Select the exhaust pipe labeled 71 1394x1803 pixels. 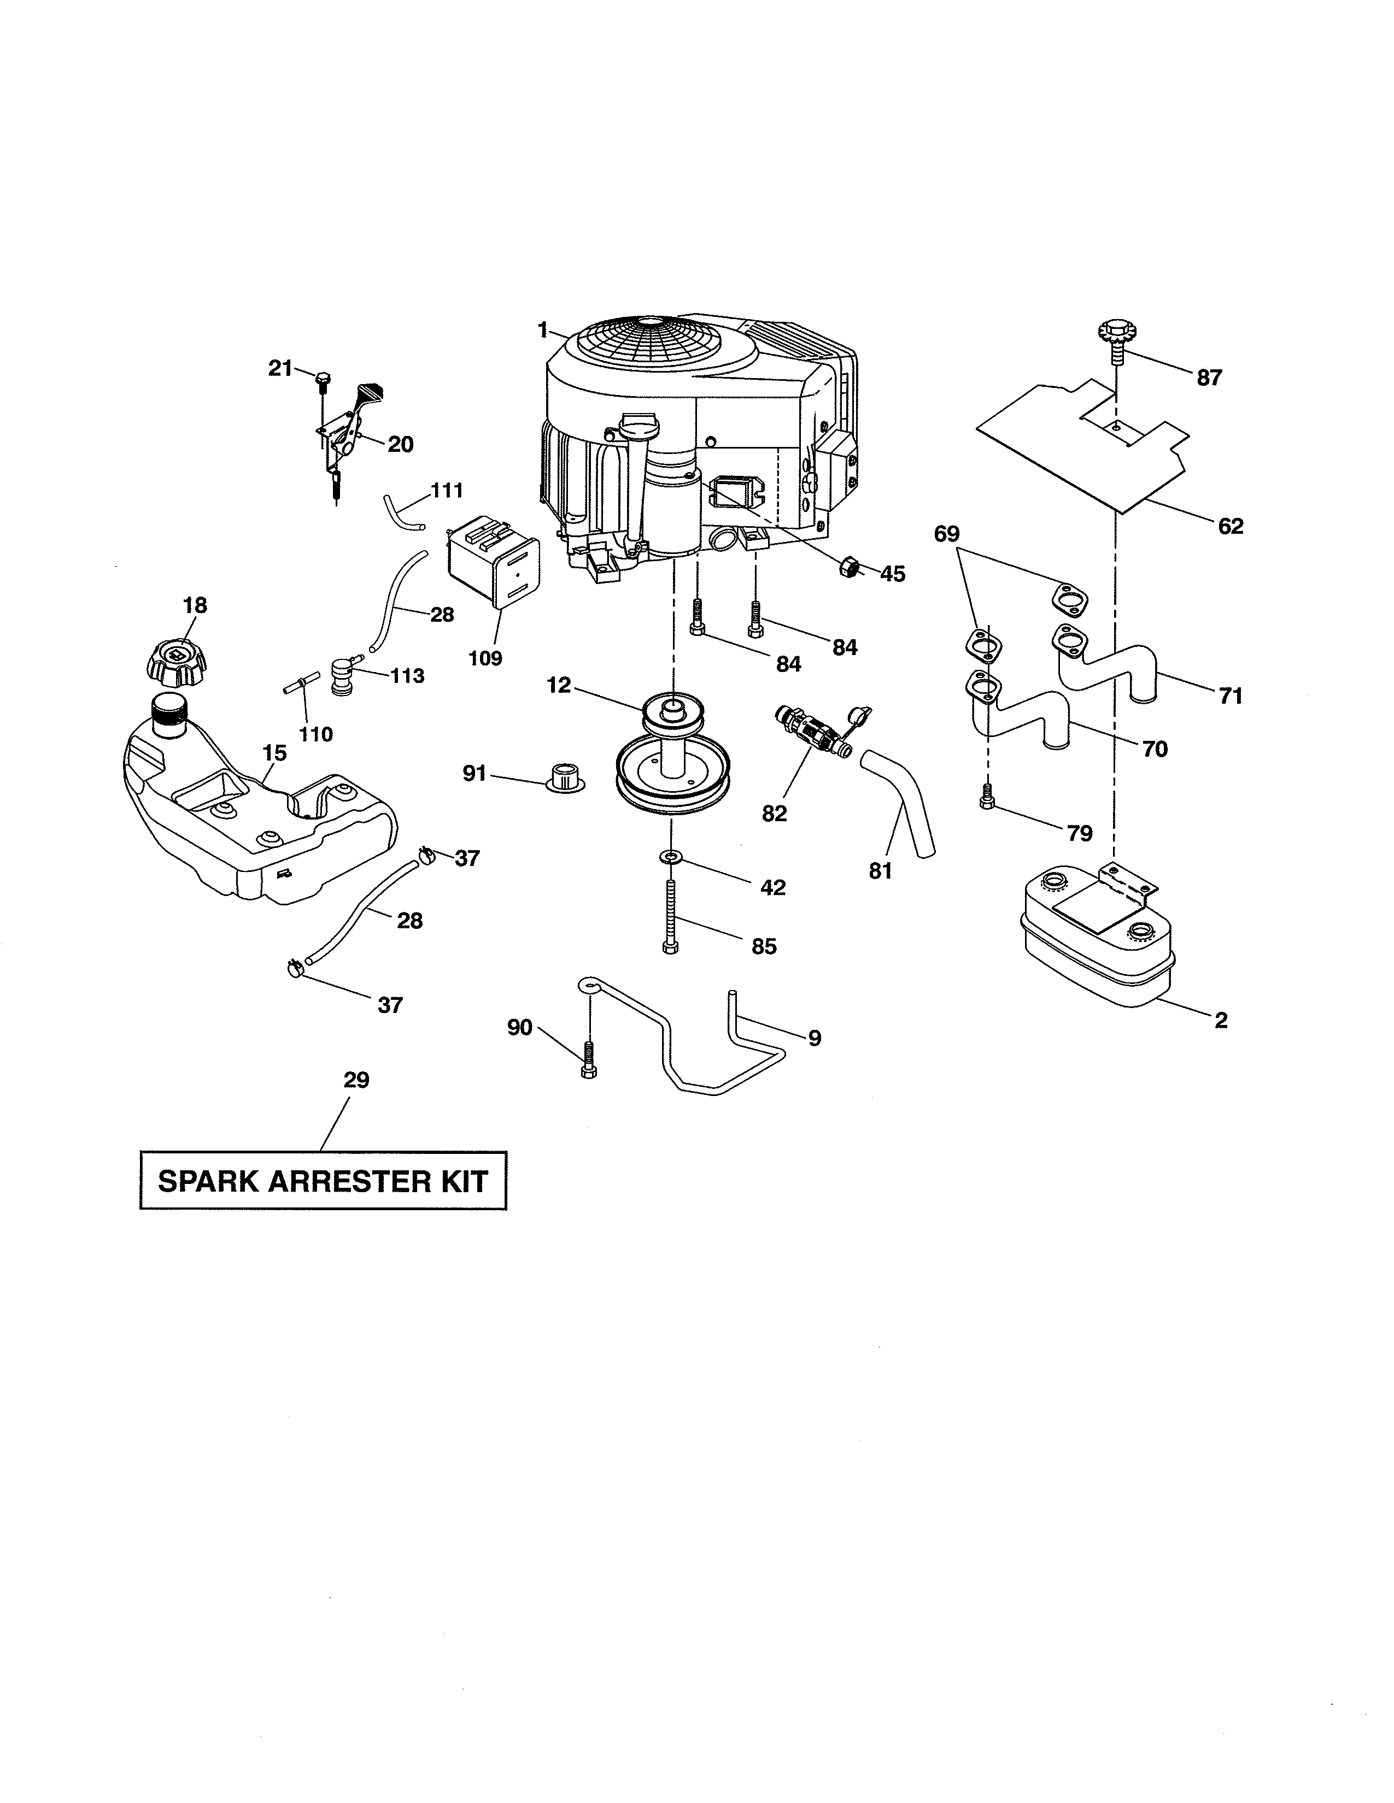[x=1106, y=666]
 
